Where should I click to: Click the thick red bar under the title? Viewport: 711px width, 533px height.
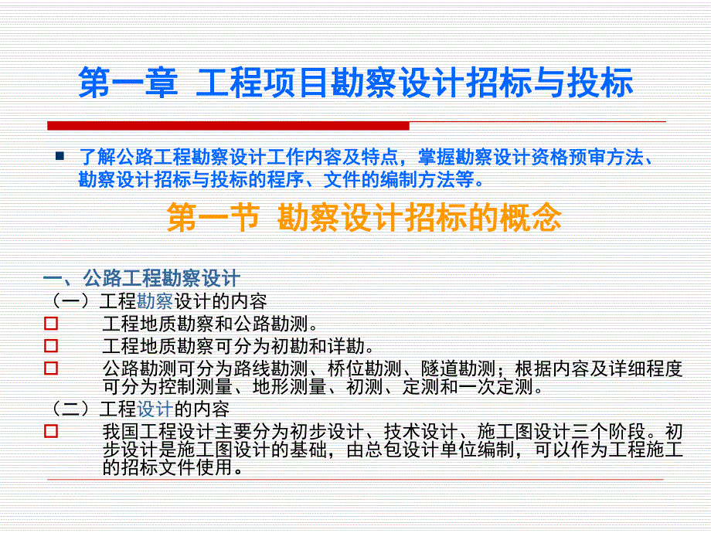[228, 126]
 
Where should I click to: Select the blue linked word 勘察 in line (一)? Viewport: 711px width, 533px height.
[155, 300]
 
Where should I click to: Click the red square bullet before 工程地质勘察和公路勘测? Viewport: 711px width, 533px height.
[51, 323]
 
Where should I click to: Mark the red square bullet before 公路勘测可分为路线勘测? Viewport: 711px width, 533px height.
[51, 368]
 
